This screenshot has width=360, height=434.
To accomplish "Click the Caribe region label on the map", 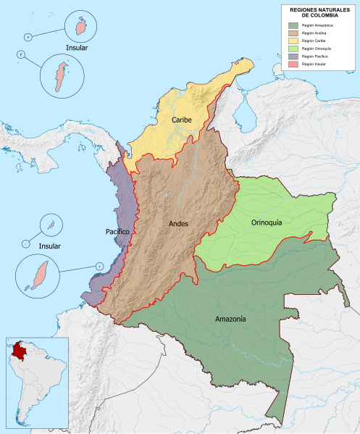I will [x=182, y=119].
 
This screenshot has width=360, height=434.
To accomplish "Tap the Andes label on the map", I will [x=178, y=223].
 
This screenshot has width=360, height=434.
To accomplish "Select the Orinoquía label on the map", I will [x=267, y=222].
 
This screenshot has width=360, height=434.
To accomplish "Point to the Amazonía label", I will [x=230, y=319].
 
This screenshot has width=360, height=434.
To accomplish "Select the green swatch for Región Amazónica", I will [x=293, y=25].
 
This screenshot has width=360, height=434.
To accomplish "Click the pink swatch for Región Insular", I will [x=293, y=64].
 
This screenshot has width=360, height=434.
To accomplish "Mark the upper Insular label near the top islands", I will [x=78, y=49].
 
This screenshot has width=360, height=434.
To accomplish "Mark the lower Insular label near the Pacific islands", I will [x=51, y=246].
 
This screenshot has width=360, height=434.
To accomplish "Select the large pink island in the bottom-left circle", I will [x=36, y=276].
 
